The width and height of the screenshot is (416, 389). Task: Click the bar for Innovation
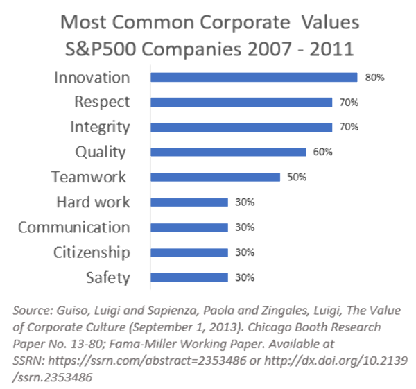tap(254, 78)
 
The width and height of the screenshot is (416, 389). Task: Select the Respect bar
tap(241, 103)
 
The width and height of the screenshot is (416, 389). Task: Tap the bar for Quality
tap(228, 152)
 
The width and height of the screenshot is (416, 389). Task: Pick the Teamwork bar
tap(215, 177)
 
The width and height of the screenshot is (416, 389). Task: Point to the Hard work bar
tap(189, 202)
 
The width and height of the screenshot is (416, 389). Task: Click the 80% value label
tap(375, 78)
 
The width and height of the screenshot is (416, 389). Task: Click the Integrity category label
tap(100, 127)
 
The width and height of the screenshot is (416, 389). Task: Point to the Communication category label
tap(74, 227)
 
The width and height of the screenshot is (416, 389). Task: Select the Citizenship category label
tap(92, 252)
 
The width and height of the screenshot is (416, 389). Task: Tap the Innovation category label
tap(92, 77)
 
